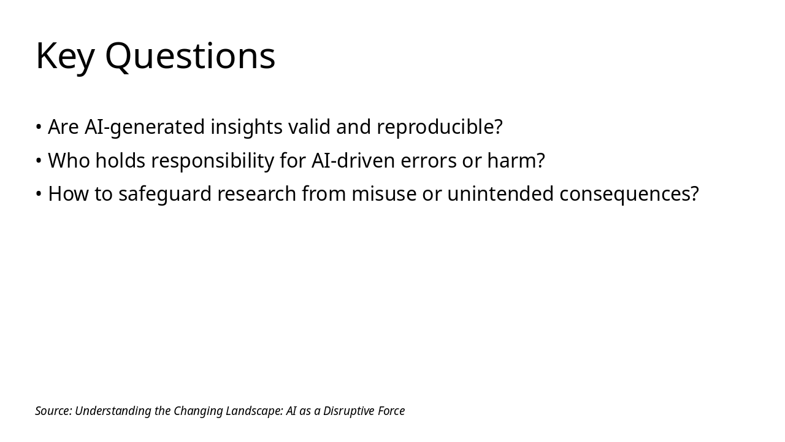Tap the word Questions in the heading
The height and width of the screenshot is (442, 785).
coord(190,55)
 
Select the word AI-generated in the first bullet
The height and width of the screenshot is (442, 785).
coord(144,127)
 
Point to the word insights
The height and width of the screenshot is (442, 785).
coord(247,127)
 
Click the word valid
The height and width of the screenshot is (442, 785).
coord(309,126)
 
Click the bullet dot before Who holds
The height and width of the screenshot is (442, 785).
coord(39,160)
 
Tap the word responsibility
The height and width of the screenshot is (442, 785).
coord(213,161)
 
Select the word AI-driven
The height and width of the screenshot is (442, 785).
coord(353,160)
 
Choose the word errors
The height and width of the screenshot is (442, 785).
coord(429,161)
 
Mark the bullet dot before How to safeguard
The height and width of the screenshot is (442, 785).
coord(39,193)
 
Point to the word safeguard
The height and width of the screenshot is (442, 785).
coord(165,195)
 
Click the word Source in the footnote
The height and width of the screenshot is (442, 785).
coord(53,411)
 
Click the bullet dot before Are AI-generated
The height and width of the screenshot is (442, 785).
coord(39,126)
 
